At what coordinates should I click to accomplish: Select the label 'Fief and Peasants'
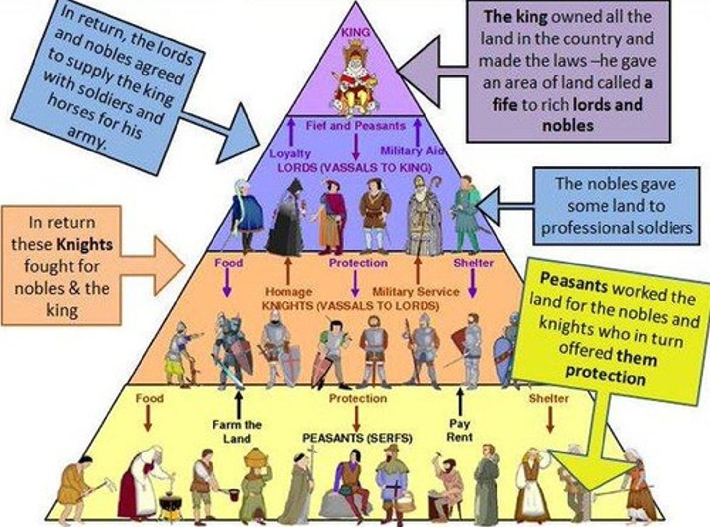pos(355,126)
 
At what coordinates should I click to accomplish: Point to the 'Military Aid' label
pos(412,151)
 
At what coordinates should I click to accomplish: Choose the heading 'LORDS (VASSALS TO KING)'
pos(354,167)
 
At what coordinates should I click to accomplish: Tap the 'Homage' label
pos(288,292)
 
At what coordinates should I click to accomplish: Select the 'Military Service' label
pos(415,292)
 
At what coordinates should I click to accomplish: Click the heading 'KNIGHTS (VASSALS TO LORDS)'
pos(350,306)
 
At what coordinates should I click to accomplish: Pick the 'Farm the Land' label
pos(237,431)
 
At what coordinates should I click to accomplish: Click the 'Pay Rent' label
pos(460,430)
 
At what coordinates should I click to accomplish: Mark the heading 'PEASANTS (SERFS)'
pos(357,438)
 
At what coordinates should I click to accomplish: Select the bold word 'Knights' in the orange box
pos(84,244)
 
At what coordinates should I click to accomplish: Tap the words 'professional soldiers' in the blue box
pos(616,227)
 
